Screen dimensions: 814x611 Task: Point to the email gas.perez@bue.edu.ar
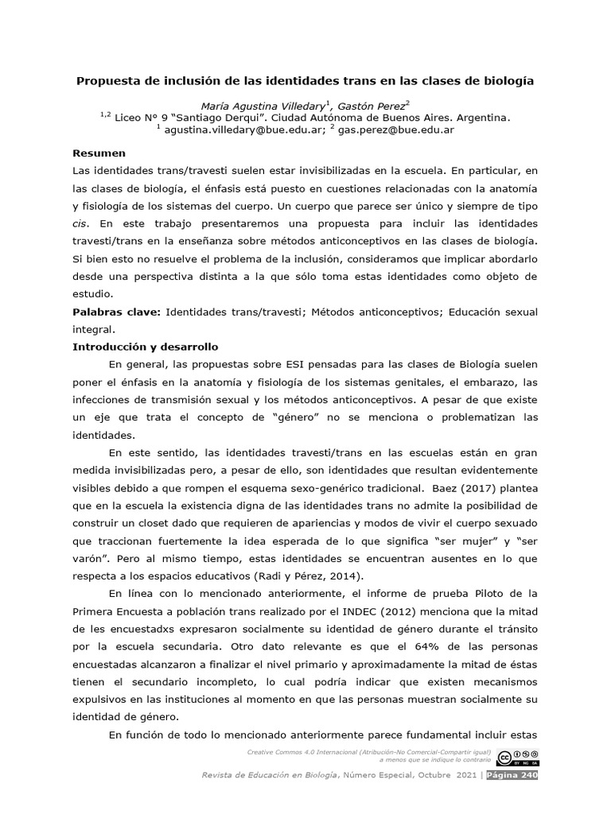pos(395,130)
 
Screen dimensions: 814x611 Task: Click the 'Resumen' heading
pos(99,153)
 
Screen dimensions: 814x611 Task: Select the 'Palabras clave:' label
pos(117,312)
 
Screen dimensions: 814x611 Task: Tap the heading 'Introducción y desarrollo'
pos(145,347)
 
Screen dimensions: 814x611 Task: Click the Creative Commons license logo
pos(517,758)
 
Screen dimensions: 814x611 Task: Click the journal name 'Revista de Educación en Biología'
pos(270,776)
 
